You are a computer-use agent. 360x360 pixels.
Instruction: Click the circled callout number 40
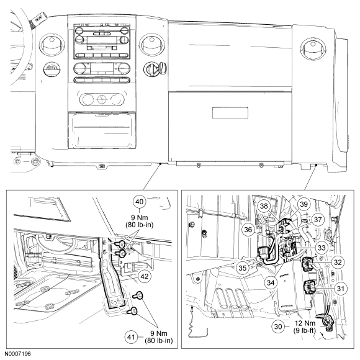[x=140, y=202]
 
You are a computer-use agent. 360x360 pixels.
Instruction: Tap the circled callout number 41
[x=131, y=337]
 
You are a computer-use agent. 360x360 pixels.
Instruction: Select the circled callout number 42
[x=145, y=276]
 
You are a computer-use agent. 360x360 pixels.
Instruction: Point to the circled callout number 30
[x=278, y=326]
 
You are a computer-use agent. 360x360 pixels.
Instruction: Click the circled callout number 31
[x=341, y=289]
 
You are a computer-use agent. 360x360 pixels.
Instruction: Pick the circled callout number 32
[x=338, y=262]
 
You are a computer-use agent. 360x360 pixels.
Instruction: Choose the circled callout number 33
[x=322, y=248]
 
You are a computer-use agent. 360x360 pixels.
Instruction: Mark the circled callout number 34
[x=271, y=282]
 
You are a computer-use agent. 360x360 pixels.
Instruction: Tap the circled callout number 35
[x=243, y=268]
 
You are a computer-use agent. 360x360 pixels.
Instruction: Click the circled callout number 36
[x=248, y=230]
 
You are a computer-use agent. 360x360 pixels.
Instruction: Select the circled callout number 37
[x=318, y=220]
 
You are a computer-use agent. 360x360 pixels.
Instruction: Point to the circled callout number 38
[x=264, y=205]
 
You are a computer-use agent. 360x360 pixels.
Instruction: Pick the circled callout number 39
[x=304, y=204]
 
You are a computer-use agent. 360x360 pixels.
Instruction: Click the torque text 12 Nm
[x=305, y=323]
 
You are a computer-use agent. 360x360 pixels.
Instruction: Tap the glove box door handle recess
[x=230, y=113]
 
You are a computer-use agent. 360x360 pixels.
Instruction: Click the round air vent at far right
[x=312, y=50]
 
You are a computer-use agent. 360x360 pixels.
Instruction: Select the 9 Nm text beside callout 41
[x=159, y=333]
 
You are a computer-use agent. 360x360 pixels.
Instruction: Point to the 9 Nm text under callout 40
[x=140, y=217]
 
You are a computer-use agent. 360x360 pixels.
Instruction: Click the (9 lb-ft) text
[x=305, y=331]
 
